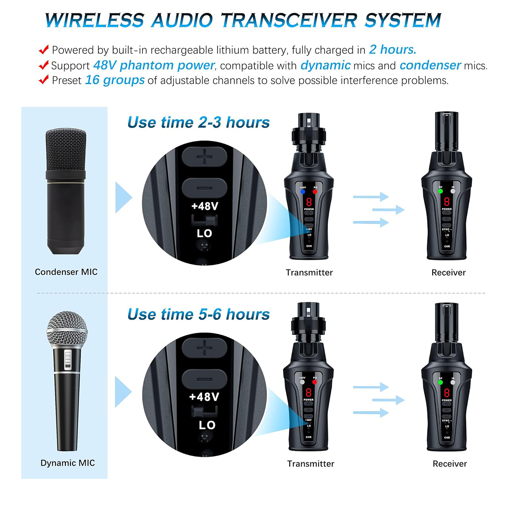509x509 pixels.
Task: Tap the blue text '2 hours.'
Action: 392,50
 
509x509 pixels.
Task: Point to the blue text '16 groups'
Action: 115,80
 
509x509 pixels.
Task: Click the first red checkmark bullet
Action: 44,50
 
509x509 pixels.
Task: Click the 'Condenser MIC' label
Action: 66,272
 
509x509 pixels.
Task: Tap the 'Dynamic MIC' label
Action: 67,463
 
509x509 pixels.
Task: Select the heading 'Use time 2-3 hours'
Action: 199,123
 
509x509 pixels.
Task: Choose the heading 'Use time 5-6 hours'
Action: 199,314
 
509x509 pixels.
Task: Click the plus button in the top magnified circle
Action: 204,158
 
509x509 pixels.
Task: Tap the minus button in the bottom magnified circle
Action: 204,379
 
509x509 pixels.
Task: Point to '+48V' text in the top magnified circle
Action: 204,207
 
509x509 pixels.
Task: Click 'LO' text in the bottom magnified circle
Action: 207,425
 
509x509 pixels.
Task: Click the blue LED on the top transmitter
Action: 302,192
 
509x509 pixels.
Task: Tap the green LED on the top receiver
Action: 440,191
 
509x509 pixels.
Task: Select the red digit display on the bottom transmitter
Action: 308,392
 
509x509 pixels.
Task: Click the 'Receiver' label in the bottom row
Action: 450,464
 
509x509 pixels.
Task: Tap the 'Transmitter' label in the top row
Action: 309,272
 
